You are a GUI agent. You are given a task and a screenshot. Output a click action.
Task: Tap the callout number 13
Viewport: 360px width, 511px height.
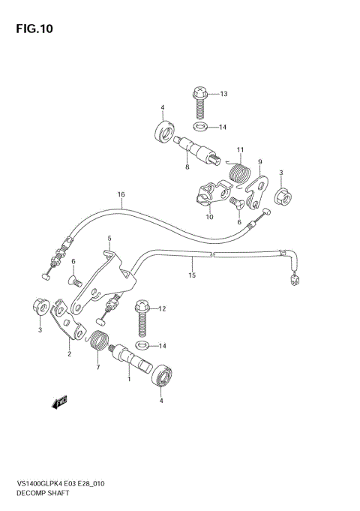223,94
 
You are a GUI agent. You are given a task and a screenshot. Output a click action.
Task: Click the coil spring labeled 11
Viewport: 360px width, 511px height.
238,173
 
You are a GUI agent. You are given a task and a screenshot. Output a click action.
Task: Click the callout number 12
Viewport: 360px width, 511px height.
161,308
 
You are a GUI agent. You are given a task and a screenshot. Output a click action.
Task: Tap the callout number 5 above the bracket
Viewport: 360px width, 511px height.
109,239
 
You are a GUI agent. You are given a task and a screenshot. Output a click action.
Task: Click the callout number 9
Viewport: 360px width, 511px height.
259,161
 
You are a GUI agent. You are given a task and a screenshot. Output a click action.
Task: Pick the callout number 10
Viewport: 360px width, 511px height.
209,217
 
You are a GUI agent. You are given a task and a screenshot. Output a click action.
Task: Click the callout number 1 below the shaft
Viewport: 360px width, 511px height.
128,380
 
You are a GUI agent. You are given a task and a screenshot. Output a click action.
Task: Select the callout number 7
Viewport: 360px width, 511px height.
96,368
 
